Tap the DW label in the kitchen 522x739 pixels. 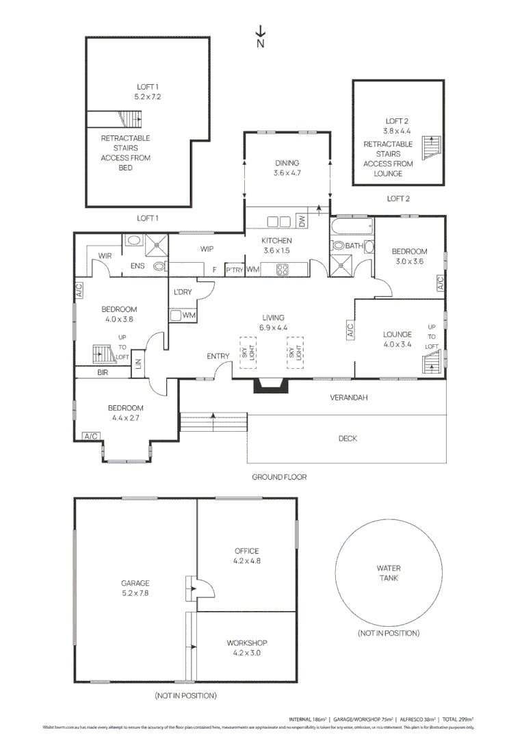(x=302, y=221)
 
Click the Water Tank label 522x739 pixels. (x=388, y=573)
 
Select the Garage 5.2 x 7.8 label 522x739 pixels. (x=135, y=588)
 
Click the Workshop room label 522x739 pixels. (x=246, y=643)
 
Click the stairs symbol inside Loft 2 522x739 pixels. (x=432, y=147)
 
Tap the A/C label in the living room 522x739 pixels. (x=350, y=331)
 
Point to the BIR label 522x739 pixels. (x=103, y=372)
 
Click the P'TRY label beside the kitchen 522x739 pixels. (x=235, y=270)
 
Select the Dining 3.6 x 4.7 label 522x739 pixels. (x=287, y=168)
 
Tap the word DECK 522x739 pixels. (x=348, y=439)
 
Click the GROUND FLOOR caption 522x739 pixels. (x=279, y=477)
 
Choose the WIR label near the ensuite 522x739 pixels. (x=105, y=255)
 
